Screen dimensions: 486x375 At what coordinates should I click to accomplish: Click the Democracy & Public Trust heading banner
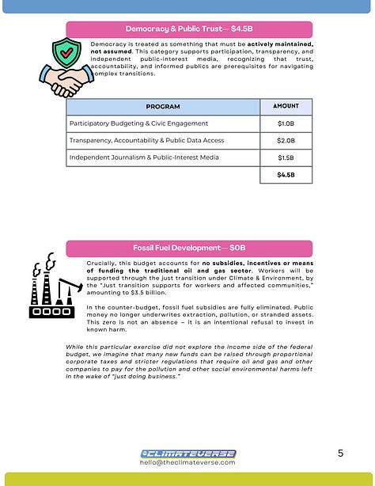pyautogui.click(x=188, y=29)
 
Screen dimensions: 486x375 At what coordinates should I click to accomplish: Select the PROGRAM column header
pyautogui.click(x=163, y=107)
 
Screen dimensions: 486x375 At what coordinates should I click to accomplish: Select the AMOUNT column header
pyautogui.click(x=286, y=106)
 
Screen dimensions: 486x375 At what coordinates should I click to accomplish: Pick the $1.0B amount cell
pyautogui.click(x=286, y=123)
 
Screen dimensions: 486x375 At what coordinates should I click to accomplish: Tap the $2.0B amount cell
pyautogui.click(x=286, y=140)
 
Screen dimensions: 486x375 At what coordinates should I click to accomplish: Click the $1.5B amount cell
pyautogui.click(x=286, y=158)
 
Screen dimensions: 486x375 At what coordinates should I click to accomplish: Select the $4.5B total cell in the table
pyautogui.click(x=286, y=175)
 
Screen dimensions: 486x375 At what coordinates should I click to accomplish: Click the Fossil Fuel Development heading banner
pyautogui.click(x=188, y=248)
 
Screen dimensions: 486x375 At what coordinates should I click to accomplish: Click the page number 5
pyautogui.click(x=340, y=453)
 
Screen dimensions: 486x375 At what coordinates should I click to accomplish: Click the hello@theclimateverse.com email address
pyautogui.click(x=188, y=462)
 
